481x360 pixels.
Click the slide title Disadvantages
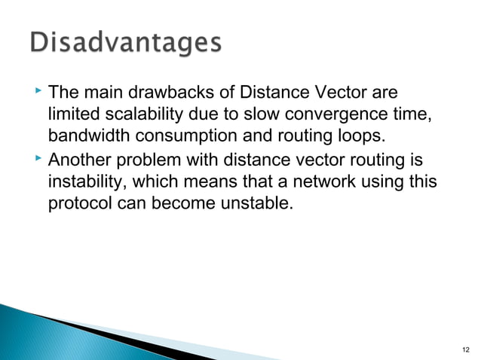[x=126, y=43]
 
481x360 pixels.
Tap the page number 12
[x=463, y=349]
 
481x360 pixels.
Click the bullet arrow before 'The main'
[x=39, y=93]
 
